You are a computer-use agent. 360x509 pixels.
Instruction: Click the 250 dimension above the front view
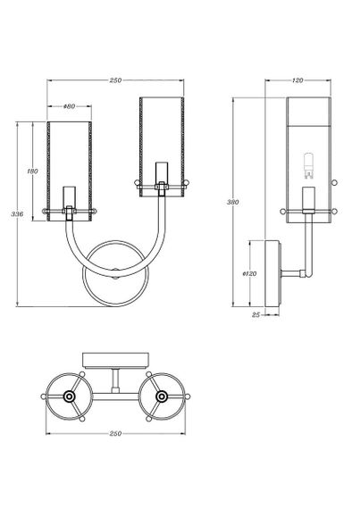click(115, 81)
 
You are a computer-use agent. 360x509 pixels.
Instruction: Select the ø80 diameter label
click(68, 107)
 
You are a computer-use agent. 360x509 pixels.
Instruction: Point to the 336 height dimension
click(13, 214)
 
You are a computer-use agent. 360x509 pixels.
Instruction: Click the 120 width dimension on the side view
click(298, 80)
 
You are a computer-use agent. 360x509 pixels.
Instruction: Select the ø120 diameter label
click(250, 273)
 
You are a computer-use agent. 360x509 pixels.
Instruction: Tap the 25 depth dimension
click(257, 314)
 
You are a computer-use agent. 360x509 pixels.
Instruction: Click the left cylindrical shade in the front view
click(68, 161)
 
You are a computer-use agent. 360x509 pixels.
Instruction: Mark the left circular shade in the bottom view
click(68, 396)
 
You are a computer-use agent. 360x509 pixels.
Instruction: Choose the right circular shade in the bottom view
click(162, 396)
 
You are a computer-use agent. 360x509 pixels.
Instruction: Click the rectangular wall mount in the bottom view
click(114, 358)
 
